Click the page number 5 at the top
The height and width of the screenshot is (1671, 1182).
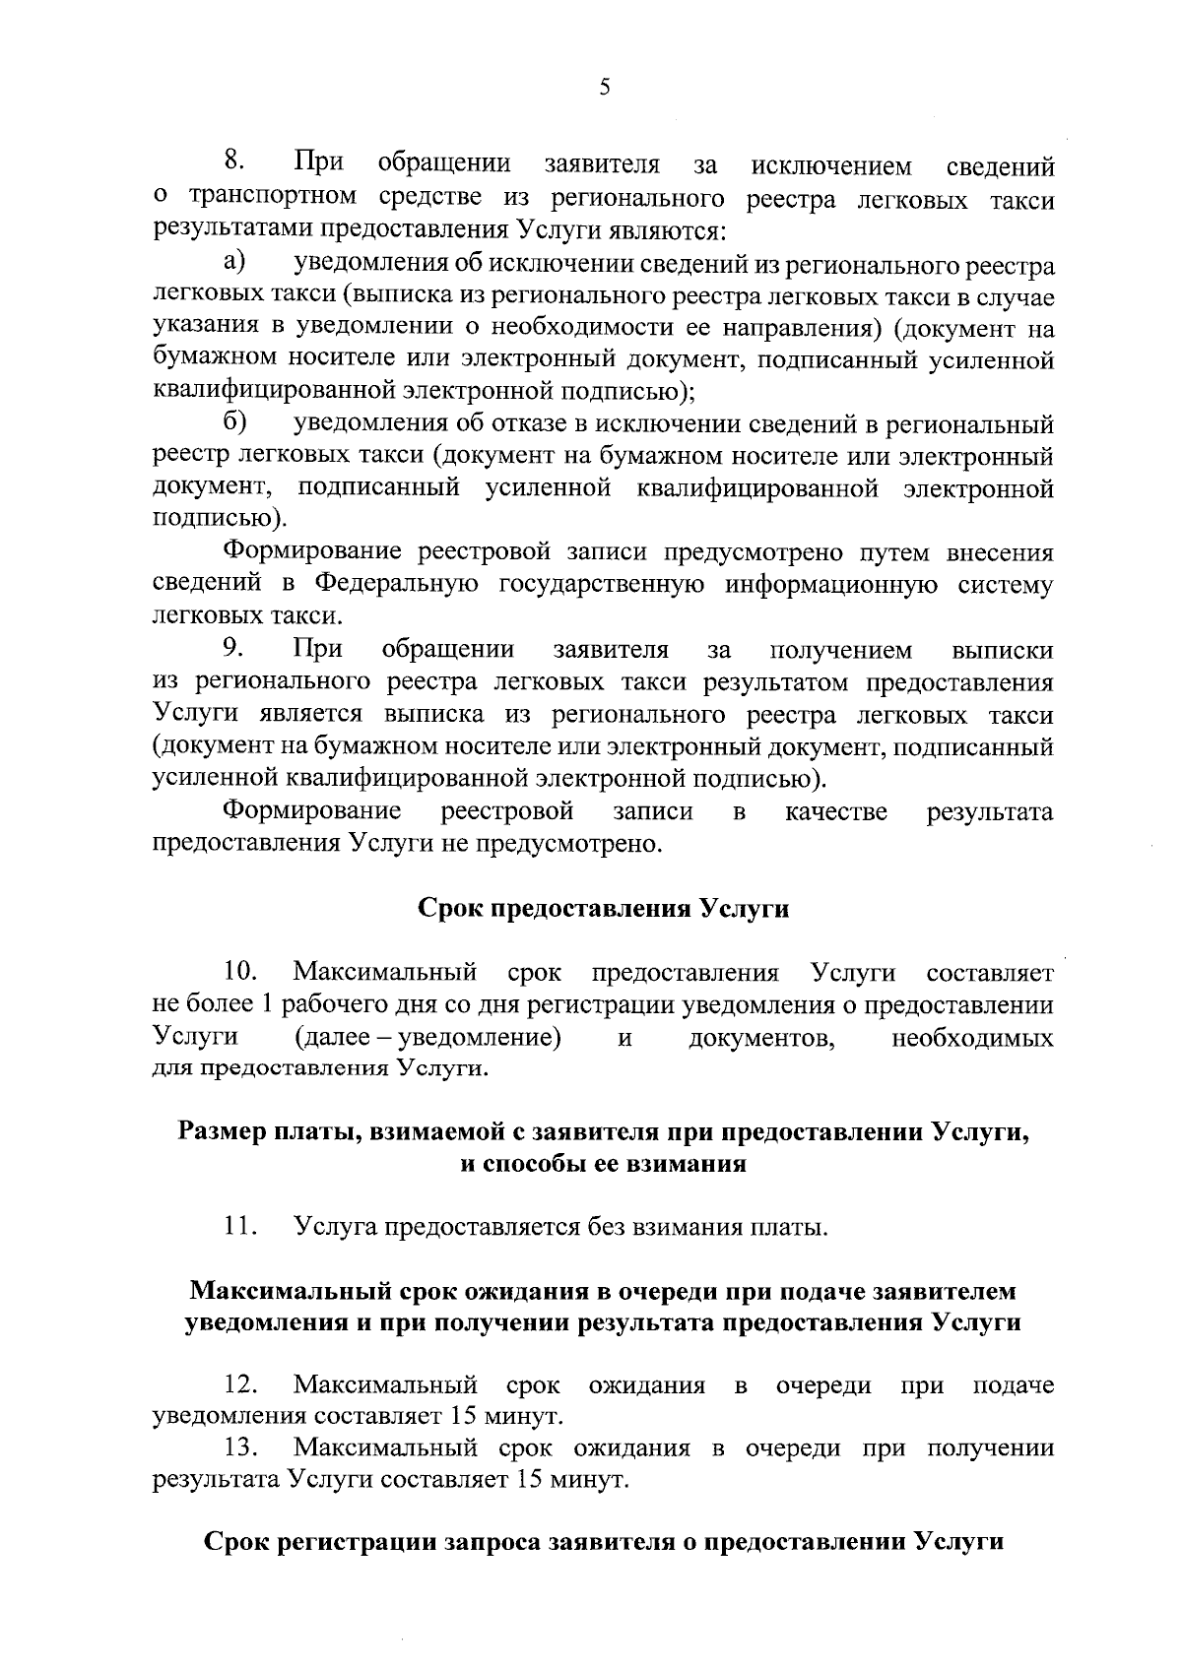tap(604, 88)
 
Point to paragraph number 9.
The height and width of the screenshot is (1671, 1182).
tap(233, 649)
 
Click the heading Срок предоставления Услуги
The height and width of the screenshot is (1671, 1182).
tap(604, 908)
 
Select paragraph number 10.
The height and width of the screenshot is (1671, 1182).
tap(240, 973)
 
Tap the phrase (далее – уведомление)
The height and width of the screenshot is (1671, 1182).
tap(427, 1038)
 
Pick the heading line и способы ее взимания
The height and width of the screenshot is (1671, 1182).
tap(604, 1164)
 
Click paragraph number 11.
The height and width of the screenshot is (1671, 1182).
tap(239, 1227)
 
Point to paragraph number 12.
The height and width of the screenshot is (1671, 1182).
tap(240, 1385)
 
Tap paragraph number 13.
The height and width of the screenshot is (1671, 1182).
tap(240, 1448)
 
